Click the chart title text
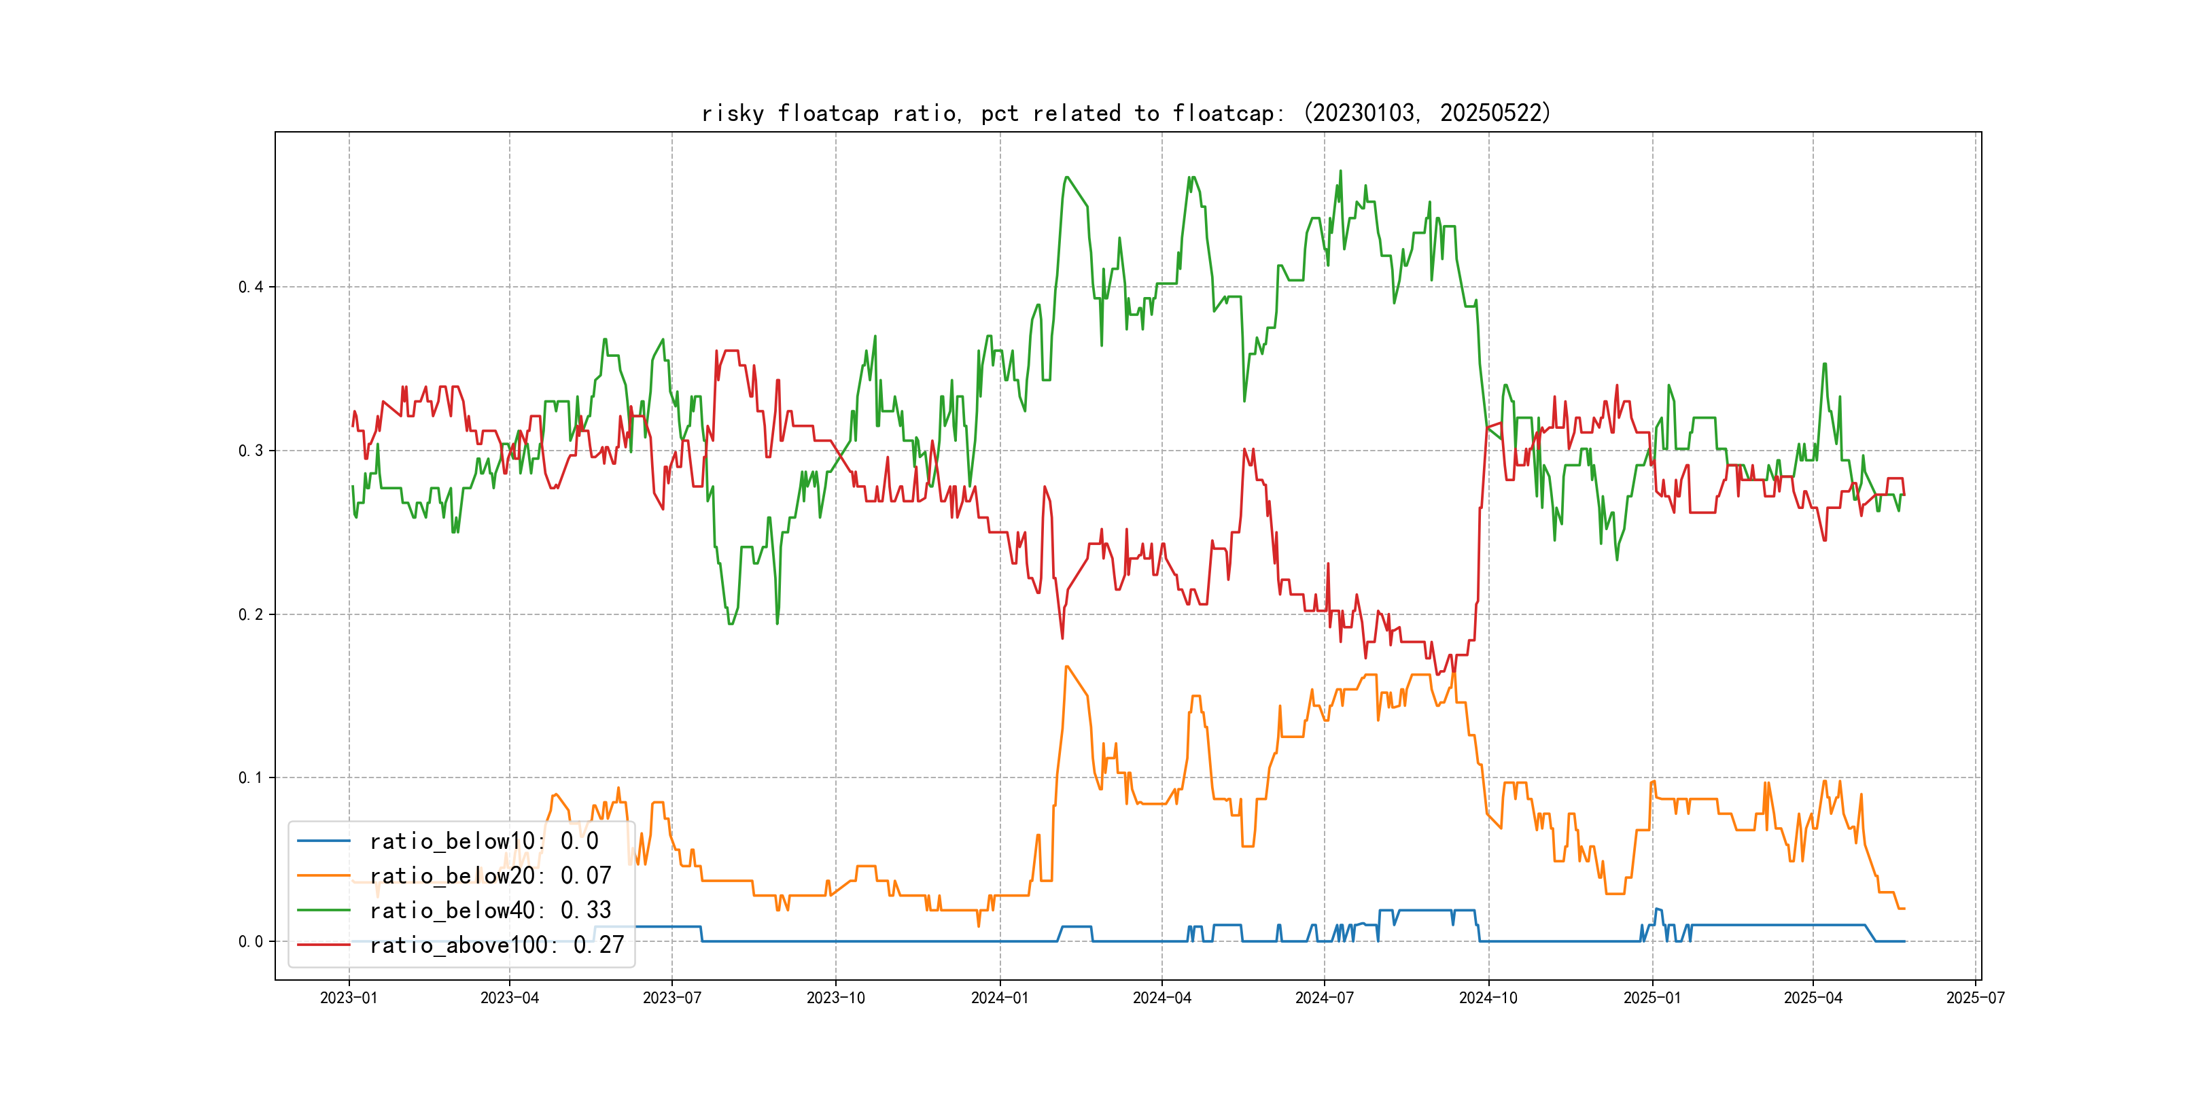(x=1125, y=113)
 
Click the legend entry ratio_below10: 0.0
(x=484, y=841)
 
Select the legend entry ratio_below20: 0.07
(x=490, y=875)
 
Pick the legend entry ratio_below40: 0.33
(x=490, y=911)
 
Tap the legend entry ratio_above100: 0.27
(x=497, y=945)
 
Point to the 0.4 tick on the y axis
(x=251, y=287)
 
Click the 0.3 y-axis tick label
(x=251, y=451)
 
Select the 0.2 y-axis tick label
(x=251, y=614)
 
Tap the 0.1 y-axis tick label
(x=251, y=778)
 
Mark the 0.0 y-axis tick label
(x=251, y=941)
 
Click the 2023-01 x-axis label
(x=349, y=998)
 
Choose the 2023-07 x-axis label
(x=672, y=998)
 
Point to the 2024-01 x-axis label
(x=999, y=998)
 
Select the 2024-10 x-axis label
(x=1488, y=998)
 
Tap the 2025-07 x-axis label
(x=1976, y=998)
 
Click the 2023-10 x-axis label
(x=836, y=998)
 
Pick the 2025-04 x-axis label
(x=1813, y=998)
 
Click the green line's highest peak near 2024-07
(x=1340, y=171)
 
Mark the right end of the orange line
(x=1904, y=908)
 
